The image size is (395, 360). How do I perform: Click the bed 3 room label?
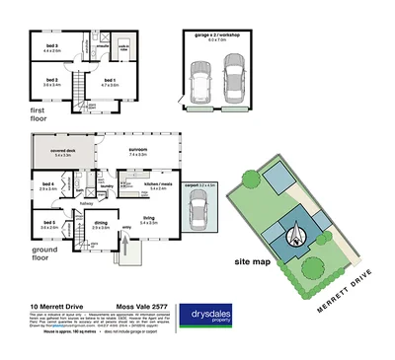50,46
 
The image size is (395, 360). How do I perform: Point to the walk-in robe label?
124,46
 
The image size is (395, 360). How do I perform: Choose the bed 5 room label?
49,225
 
